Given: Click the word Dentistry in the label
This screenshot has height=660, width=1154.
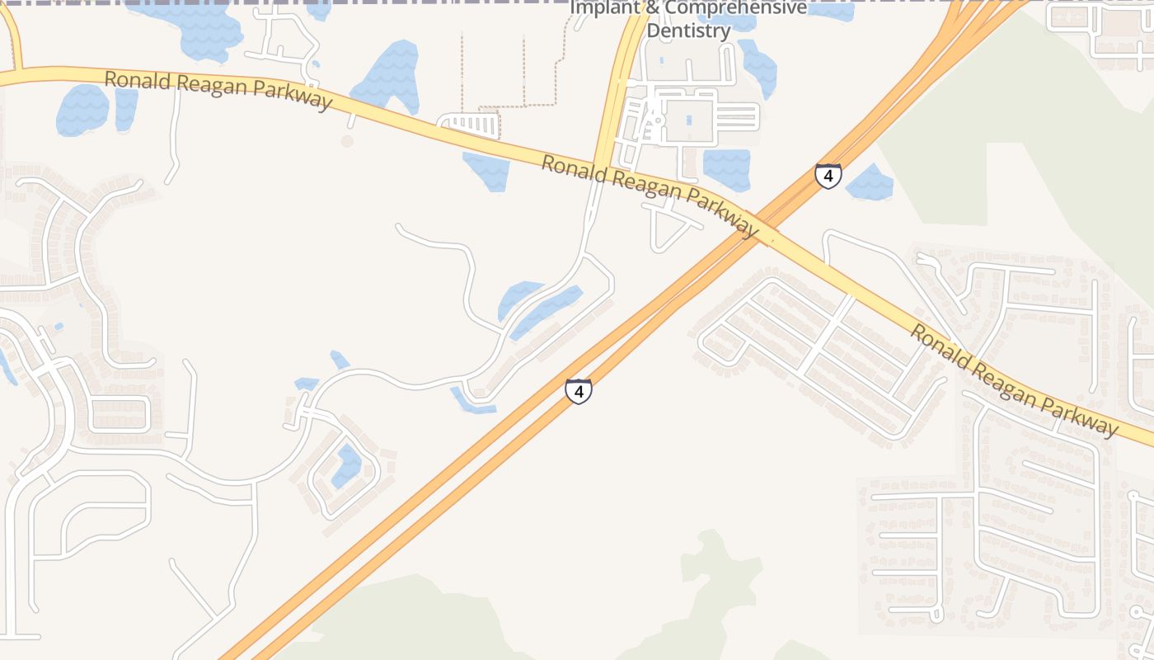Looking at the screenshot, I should pos(688,31).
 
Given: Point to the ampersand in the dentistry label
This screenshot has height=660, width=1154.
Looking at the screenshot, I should pos(650,8).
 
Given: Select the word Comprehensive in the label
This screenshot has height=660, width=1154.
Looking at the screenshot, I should pos(735,8).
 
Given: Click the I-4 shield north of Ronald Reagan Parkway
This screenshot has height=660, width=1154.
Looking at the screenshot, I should pos(828,176).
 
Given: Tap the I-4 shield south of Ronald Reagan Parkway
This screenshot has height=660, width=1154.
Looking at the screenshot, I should pos(579,391).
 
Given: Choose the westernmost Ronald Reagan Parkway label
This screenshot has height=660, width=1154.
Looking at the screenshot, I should pos(218,89).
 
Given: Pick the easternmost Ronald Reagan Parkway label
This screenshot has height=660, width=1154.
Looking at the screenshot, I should pos(1014,380).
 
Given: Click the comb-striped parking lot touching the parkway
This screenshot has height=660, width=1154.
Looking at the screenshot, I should pos(471,126).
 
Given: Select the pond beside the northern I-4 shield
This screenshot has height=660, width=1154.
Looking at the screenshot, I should pos(870,184).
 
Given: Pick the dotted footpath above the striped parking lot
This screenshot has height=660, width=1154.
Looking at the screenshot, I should pos(511,106).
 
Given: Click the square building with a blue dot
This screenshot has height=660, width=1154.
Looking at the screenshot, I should pos(688,120).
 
